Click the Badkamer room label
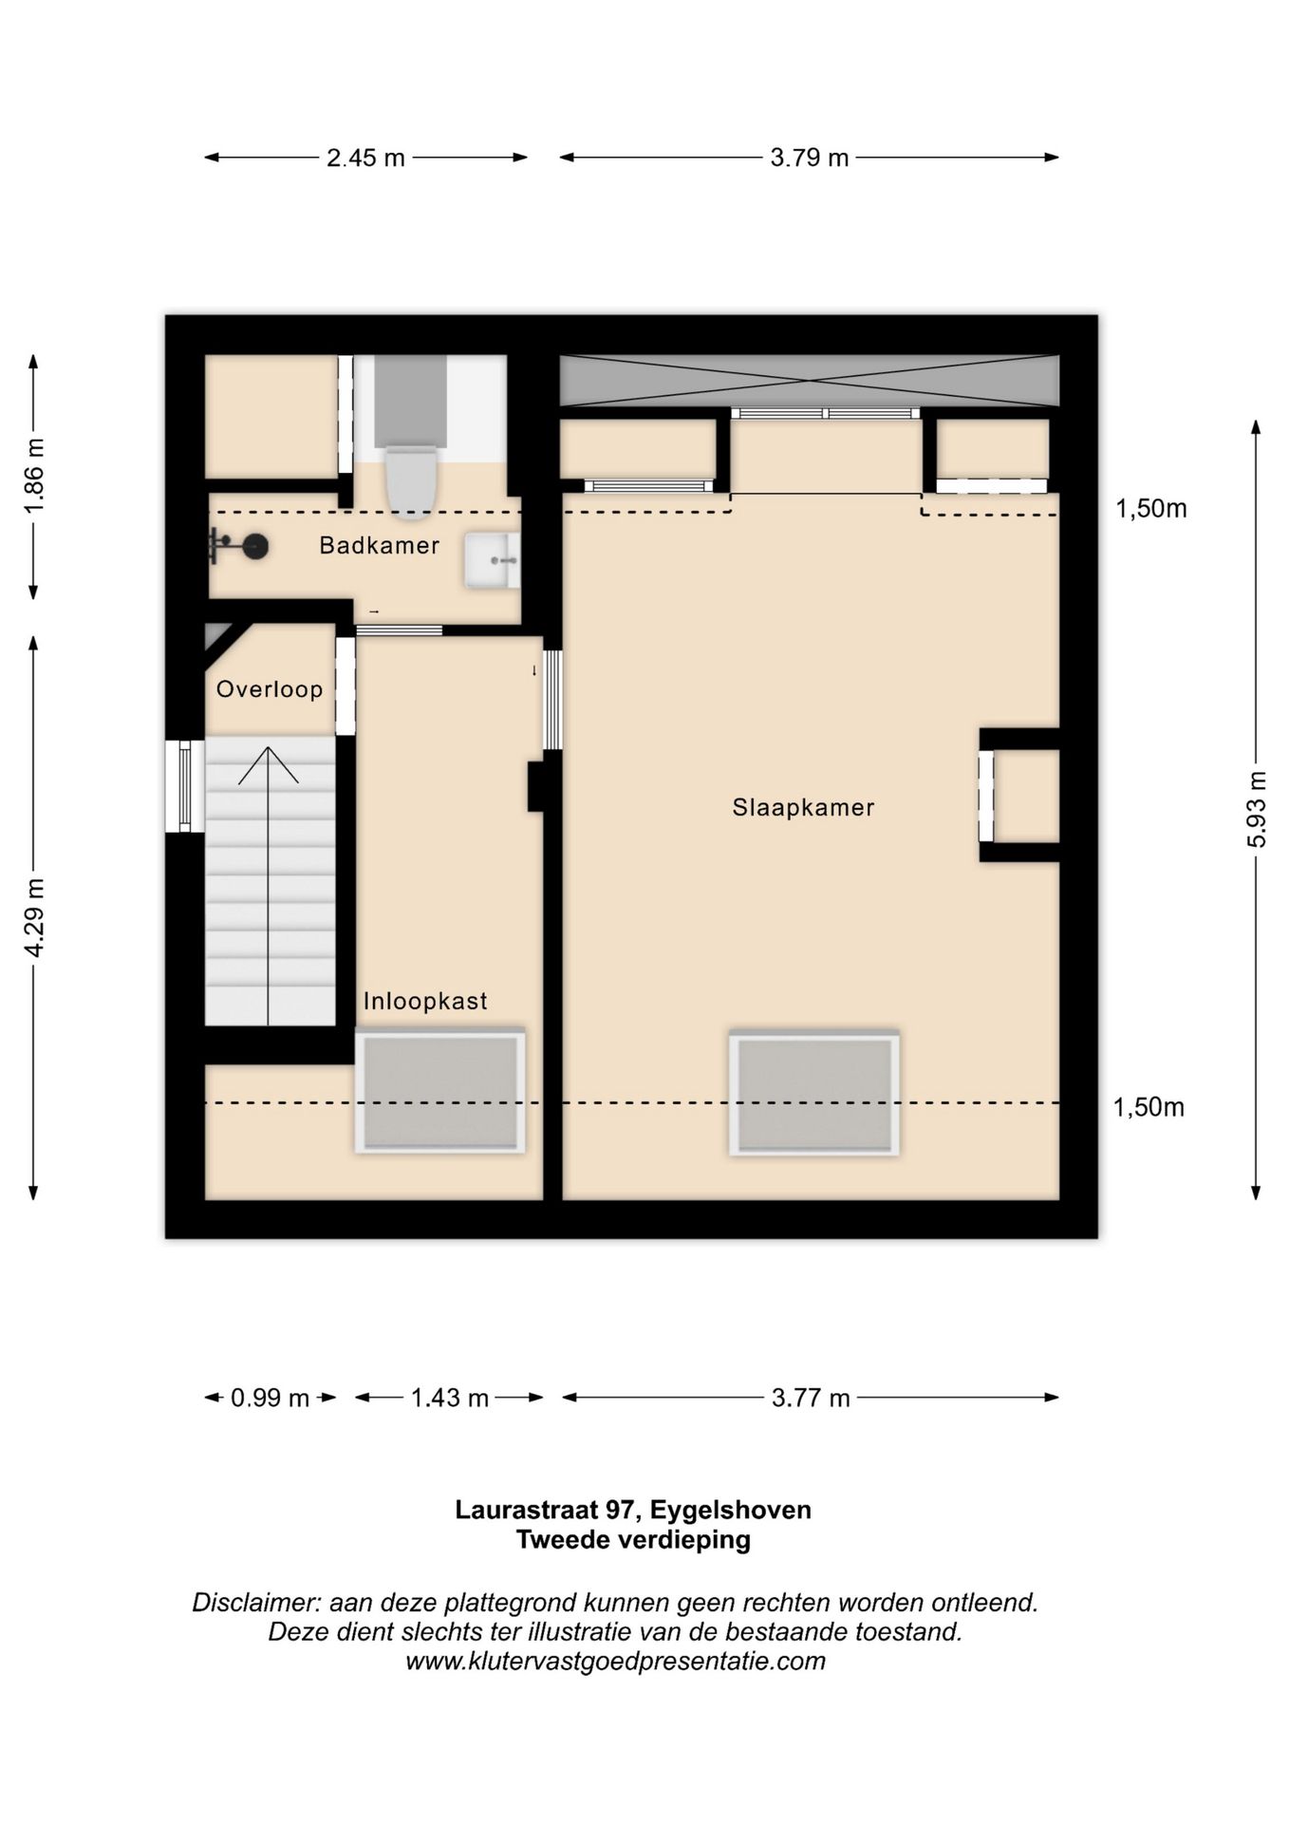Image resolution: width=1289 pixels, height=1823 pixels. (380, 546)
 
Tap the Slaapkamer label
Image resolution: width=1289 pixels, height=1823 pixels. (803, 808)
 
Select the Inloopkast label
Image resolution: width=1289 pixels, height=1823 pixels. (425, 1001)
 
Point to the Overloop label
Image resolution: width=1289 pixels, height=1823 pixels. (270, 689)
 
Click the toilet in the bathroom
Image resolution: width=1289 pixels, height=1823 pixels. (411, 483)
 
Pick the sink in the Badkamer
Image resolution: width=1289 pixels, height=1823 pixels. (492, 560)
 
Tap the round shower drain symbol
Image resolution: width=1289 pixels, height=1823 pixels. (255, 546)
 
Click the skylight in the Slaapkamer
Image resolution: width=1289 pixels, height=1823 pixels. (814, 1093)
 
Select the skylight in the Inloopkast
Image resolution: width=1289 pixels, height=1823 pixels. (440, 1091)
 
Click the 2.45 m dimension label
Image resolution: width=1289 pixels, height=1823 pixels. (365, 158)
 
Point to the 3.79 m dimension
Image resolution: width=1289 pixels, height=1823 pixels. (809, 158)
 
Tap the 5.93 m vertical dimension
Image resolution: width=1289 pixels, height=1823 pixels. (1256, 810)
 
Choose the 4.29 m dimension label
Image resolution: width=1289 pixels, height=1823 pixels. (34, 918)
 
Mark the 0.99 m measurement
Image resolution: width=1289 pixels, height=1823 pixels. (271, 1399)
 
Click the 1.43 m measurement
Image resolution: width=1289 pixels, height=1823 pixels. (450, 1399)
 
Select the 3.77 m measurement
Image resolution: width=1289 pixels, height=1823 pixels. (811, 1399)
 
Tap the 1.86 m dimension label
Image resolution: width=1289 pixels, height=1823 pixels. (34, 477)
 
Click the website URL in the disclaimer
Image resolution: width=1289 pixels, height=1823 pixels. (615, 1661)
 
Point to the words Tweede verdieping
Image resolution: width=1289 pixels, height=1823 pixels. (633, 1540)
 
